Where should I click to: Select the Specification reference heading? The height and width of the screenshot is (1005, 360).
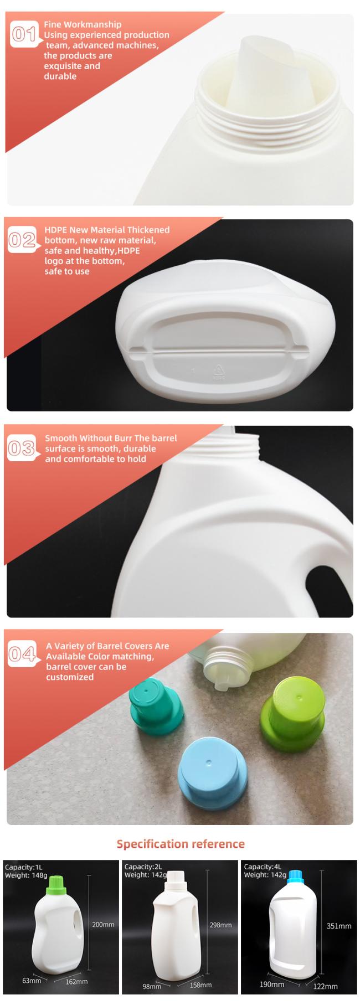coord(181,843)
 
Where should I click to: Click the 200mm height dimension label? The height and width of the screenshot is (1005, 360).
coord(103,924)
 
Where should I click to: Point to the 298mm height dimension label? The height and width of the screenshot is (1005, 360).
coord(220,925)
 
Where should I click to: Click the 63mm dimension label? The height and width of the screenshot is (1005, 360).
coord(31,981)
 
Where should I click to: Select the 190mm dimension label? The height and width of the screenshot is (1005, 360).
coord(272,984)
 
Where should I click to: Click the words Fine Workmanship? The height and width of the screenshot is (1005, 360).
coord(83,24)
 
